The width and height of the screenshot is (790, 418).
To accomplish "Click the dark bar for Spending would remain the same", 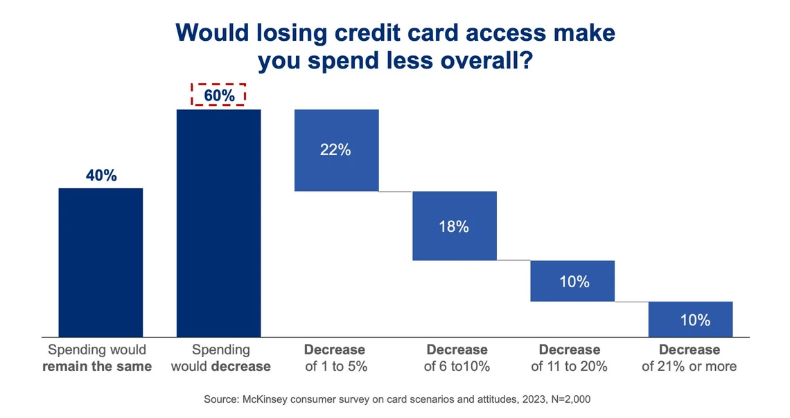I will [100, 262].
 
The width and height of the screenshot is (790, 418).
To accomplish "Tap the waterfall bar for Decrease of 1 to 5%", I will [336, 166].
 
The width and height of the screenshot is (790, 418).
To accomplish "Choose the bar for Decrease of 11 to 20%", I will [572, 291].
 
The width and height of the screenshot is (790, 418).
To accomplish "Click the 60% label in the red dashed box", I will [219, 96].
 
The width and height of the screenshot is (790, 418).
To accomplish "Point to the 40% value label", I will [101, 176].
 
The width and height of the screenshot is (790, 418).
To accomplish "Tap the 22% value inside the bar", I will [335, 149].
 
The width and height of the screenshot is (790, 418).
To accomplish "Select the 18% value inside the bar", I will [454, 226].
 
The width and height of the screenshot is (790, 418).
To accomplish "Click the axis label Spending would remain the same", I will [97, 358].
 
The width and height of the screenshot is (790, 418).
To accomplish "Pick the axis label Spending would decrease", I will [220, 358].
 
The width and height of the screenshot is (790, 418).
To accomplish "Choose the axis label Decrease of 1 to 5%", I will [336, 358].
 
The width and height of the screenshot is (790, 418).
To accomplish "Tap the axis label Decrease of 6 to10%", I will [457, 358].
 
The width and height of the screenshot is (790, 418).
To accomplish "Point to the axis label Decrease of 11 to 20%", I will [570, 358].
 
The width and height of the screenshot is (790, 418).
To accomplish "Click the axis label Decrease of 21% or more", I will [689, 358].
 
